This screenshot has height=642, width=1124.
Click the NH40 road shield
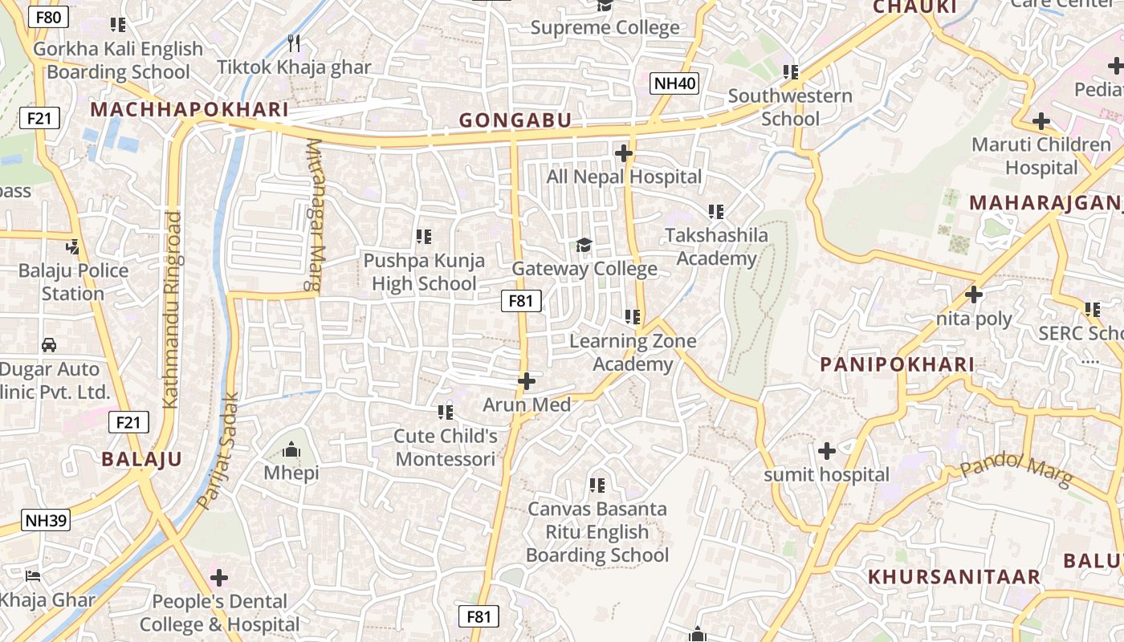(x=674, y=83)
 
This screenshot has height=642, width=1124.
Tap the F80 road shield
(x=48, y=16)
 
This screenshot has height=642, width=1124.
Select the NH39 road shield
(x=46, y=520)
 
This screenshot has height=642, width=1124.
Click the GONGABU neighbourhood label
(x=515, y=121)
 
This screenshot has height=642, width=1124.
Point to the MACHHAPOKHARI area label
(x=189, y=110)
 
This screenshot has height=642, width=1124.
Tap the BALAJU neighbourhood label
(x=142, y=459)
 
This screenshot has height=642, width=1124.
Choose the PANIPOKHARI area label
(x=897, y=364)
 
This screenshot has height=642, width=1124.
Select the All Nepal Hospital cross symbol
(x=623, y=152)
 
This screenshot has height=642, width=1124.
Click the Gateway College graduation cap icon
(x=584, y=245)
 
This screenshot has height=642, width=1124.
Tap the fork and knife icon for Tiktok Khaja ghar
(x=294, y=43)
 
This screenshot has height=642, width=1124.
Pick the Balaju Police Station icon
(x=73, y=246)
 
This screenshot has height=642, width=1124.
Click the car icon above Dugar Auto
(x=49, y=345)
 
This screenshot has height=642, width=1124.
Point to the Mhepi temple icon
(x=291, y=449)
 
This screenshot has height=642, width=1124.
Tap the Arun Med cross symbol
(x=527, y=381)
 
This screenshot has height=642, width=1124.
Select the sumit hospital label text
(x=827, y=474)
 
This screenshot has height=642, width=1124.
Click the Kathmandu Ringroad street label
(x=172, y=310)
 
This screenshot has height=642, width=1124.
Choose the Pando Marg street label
(x=1016, y=470)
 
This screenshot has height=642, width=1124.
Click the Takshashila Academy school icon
(x=716, y=212)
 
